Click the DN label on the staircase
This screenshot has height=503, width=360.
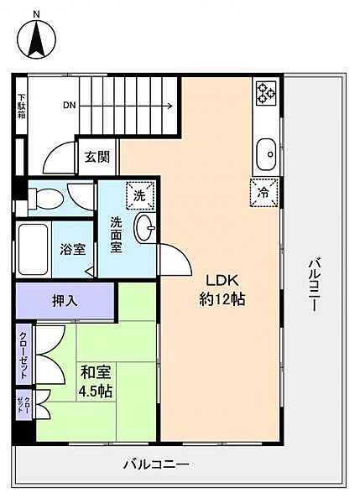point(70,106)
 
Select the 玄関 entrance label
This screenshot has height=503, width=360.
point(92,158)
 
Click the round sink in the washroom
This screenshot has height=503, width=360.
point(145,226)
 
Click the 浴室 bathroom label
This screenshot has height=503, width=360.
point(71,248)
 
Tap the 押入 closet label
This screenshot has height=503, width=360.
point(65,300)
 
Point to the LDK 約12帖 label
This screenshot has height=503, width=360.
point(221,290)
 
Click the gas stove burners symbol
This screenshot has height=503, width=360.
point(266,93)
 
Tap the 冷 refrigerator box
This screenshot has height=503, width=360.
point(263,191)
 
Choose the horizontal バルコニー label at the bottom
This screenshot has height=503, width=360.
point(156,464)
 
